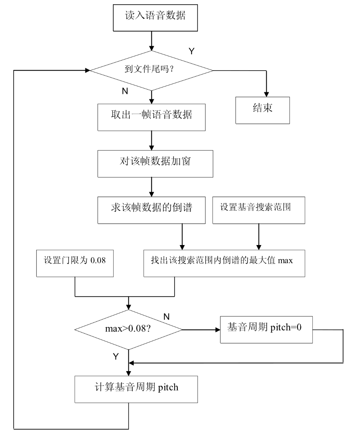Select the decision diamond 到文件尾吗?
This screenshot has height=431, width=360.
[x=151, y=70]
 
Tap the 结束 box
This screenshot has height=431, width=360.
[x=262, y=110]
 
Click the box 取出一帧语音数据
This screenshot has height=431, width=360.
[x=151, y=117]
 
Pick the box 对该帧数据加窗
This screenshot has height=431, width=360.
[x=155, y=163]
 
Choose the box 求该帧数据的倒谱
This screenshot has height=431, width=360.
[x=151, y=210]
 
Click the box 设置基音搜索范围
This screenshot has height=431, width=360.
[x=259, y=210]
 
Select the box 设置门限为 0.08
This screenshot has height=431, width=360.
[x=75, y=263]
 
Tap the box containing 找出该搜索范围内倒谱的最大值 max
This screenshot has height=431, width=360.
[x=224, y=263]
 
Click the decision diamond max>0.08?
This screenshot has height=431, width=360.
[x=128, y=329]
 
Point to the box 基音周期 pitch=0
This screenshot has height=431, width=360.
[x=266, y=330]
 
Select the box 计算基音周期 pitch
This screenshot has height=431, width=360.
[x=136, y=389]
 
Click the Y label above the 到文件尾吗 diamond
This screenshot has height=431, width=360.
[x=191, y=51]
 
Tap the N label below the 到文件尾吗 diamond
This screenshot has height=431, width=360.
[x=125, y=91]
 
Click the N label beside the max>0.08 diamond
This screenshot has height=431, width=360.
[x=166, y=317]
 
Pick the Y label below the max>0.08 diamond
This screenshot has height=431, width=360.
[x=115, y=356]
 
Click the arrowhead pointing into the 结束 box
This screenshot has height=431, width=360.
[x=266, y=94]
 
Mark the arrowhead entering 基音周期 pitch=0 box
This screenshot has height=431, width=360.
[x=217, y=329]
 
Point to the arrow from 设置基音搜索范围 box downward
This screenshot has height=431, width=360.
[x=257, y=236]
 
